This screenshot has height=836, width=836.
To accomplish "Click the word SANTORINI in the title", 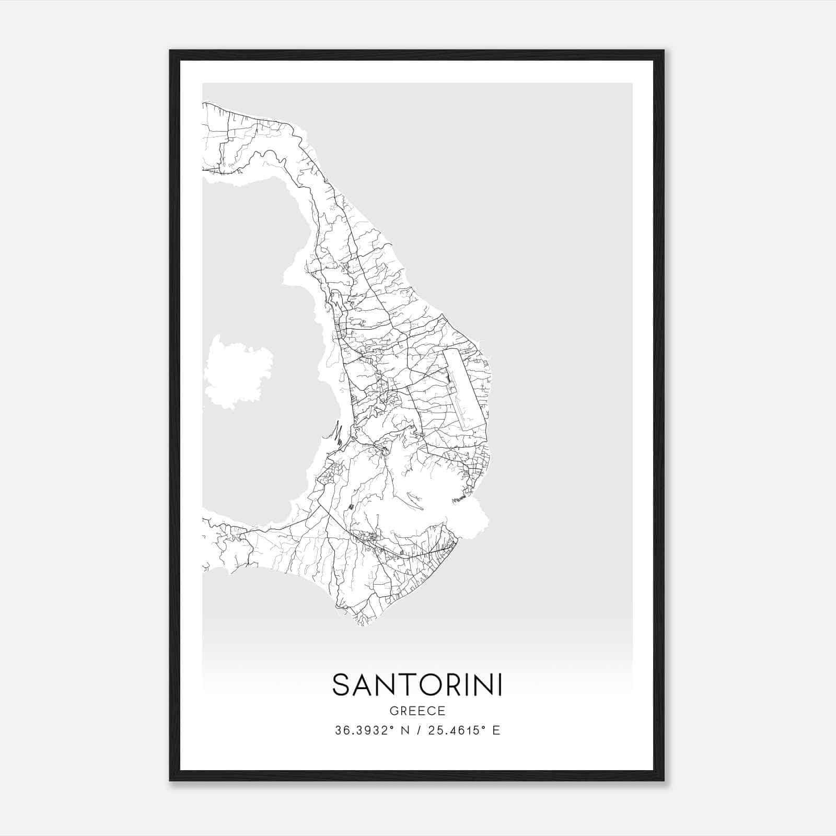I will [x=417, y=685].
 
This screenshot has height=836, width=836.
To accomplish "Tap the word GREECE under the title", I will [x=417, y=711].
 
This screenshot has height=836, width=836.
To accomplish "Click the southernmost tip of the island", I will [x=361, y=623].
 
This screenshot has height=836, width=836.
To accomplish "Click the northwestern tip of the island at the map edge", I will [x=204, y=104].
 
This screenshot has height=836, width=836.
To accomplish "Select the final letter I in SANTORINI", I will [x=500, y=685].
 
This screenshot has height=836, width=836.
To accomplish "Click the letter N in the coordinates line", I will [x=403, y=730].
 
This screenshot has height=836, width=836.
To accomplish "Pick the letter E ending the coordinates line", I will [x=496, y=730].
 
